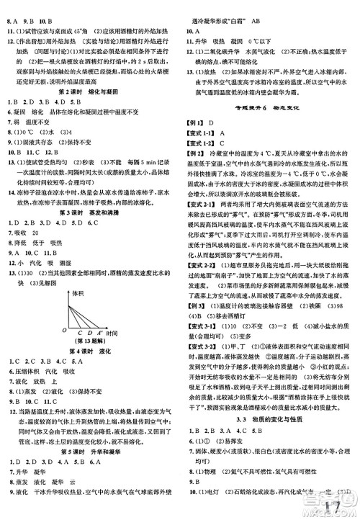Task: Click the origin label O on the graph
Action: tap(64, 331)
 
